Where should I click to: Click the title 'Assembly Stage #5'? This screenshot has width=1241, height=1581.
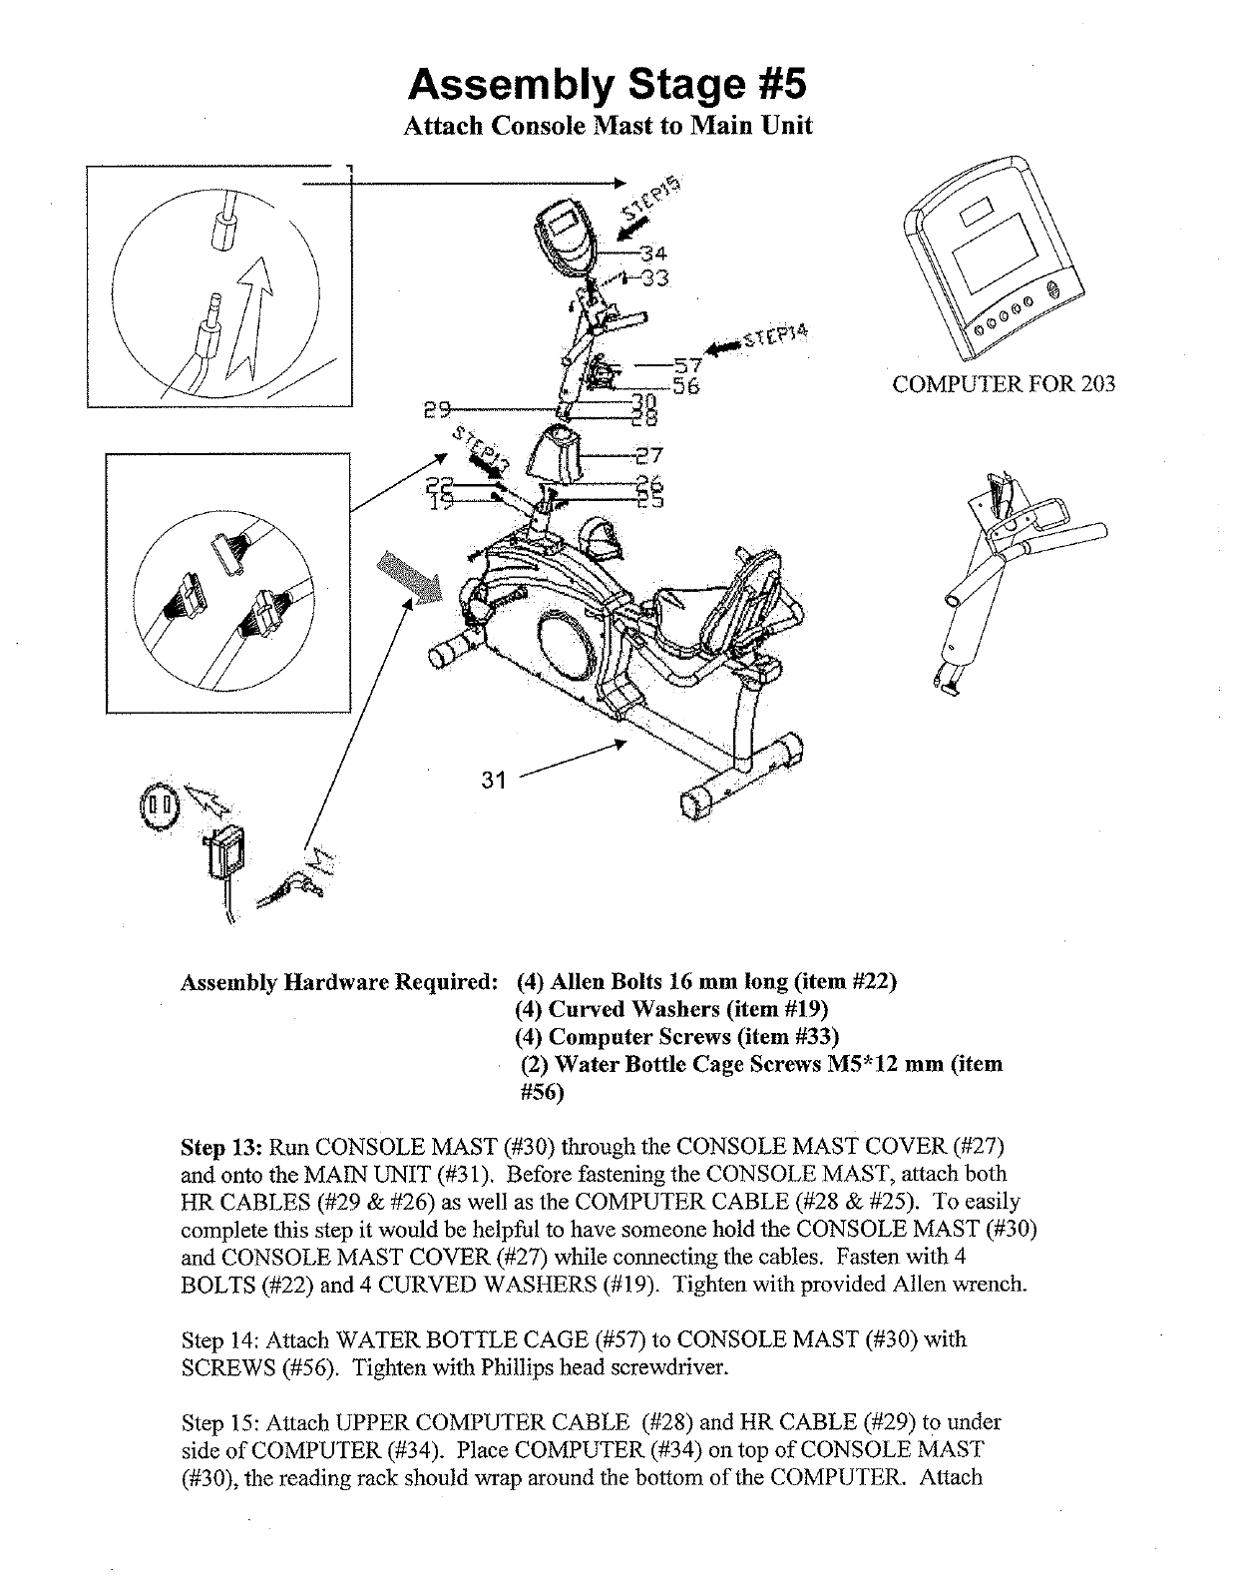(606, 84)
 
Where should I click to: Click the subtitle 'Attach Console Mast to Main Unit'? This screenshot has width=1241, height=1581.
(607, 127)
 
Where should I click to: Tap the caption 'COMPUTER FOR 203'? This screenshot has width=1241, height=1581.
(1004, 384)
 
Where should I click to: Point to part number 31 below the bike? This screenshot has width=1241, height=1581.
(494, 781)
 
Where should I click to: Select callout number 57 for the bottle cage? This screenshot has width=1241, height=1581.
(687, 365)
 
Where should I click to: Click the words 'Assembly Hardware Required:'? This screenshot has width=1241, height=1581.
(339, 982)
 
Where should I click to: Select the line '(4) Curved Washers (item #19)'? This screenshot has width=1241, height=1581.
(673, 1009)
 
